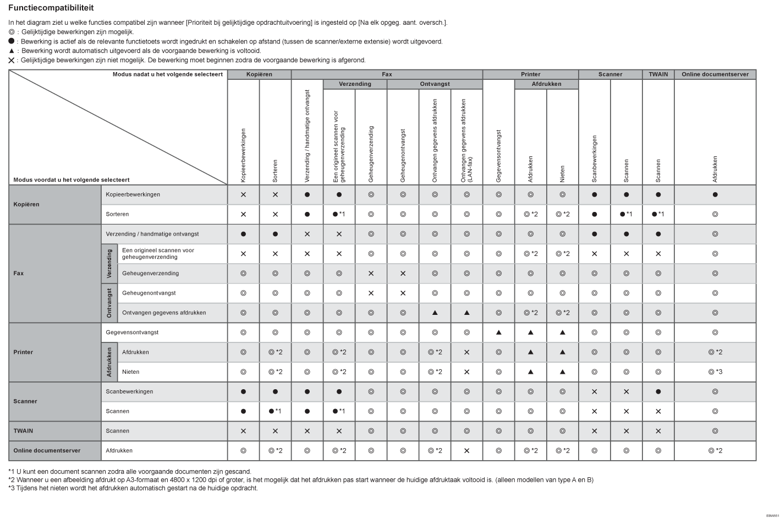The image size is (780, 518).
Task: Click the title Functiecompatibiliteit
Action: click(51, 8)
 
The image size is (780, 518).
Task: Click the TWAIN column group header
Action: click(658, 74)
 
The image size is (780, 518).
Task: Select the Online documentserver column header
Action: click(715, 74)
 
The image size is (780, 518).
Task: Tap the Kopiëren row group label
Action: click(26, 204)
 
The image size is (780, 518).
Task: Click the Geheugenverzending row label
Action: click(150, 273)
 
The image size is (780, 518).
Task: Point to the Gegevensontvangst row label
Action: click(132, 332)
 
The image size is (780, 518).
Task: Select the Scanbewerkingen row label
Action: click(129, 391)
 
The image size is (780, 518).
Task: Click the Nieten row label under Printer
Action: click(130, 372)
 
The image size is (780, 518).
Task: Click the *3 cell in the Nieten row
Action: click(715, 372)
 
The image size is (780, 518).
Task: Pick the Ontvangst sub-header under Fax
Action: click(435, 84)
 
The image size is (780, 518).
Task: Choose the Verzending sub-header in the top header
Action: click(355, 84)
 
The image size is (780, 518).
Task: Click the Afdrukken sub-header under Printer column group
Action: click(546, 84)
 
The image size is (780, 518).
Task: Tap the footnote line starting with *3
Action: click(133, 488)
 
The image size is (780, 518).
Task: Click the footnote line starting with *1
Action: click(130, 471)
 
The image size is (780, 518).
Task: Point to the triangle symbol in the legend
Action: click(11, 51)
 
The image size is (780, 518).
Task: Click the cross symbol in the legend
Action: click(12, 60)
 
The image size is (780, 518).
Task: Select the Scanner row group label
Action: click(25, 401)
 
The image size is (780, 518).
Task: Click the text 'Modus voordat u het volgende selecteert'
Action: click(72, 180)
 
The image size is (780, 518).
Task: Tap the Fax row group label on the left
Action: click(19, 273)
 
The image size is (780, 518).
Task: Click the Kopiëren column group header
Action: click(259, 74)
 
